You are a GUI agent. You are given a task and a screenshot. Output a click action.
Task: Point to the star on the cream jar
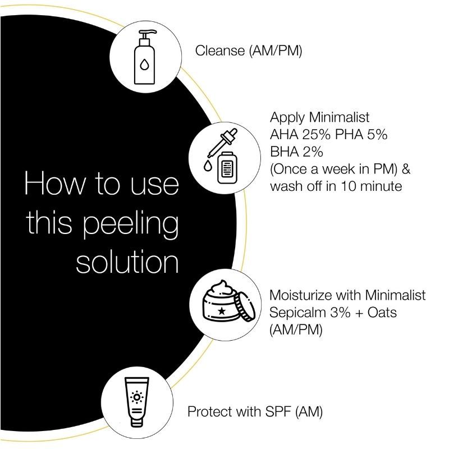click(x=222, y=310)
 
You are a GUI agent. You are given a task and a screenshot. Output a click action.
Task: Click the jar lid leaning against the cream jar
click(x=245, y=308)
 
